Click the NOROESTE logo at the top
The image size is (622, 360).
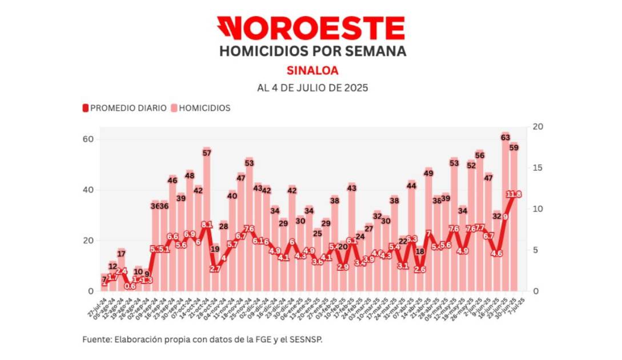click(x=311, y=27)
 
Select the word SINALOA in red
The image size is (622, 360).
click(x=311, y=70)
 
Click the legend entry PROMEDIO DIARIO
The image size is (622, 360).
click(x=125, y=108)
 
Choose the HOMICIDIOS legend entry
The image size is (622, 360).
click(x=201, y=108)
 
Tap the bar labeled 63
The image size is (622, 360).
click(x=505, y=217)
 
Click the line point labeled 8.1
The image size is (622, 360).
click(x=207, y=225)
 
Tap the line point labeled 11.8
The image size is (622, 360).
click(x=513, y=194)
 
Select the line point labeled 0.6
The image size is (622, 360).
click(x=130, y=286)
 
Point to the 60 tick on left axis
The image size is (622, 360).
click(x=90, y=139)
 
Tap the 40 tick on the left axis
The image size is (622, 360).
click(x=90, y=190)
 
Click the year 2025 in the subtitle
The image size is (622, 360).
click(x=354, y=88)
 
